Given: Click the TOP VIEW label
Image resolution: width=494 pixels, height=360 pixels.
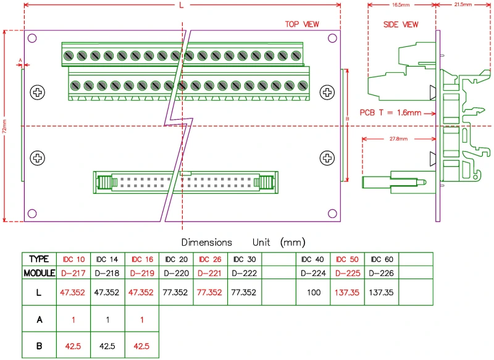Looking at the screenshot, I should [x=301, y=24].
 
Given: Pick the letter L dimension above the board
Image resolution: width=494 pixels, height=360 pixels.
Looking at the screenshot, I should [x=181, y=5].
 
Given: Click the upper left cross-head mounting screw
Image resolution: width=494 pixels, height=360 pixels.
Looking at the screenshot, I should [x=38, y=93].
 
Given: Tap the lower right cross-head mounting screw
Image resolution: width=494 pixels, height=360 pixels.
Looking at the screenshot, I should [x=327, y=158].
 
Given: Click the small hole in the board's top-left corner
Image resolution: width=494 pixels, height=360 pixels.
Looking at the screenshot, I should [x=31, y=38].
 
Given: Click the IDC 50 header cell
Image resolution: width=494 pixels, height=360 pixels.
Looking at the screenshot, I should [x=347, y=259].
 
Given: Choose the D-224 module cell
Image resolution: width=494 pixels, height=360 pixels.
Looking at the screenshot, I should [x=313, y=272].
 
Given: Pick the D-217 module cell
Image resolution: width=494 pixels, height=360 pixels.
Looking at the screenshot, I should [x=73, y=272].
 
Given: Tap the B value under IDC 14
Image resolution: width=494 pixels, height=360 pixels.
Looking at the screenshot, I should [x=107, y=346].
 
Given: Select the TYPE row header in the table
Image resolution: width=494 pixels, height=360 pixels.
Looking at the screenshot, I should [x=39, y=259].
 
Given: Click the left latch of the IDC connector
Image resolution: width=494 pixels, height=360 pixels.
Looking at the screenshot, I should [x=105, y=182].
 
